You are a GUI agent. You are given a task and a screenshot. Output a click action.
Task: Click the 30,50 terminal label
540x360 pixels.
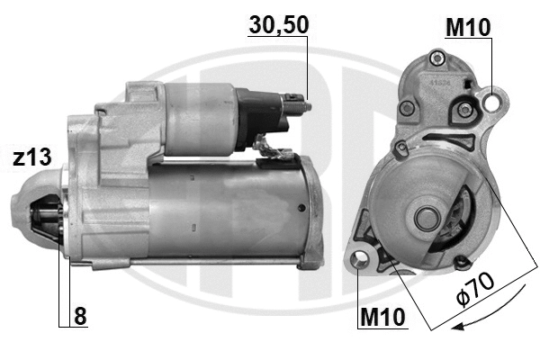[x=278, y=27]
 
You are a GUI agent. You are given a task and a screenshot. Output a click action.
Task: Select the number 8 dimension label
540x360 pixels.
[x=81, y=317]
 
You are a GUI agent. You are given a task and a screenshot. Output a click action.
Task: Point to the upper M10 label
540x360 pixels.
[x=468, y=28]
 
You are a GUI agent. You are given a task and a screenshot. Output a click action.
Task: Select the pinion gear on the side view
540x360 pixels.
[x=45, y=225]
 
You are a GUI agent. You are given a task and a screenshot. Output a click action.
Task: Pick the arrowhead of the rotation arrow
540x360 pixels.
[x=457, y=326]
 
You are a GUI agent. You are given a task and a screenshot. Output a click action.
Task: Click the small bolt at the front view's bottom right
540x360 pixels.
[x=463, y=262]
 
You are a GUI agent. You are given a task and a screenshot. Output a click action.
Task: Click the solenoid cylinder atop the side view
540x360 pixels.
[x=198, y=117]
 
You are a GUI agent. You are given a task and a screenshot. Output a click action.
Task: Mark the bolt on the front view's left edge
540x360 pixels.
[x=400, y=146]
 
